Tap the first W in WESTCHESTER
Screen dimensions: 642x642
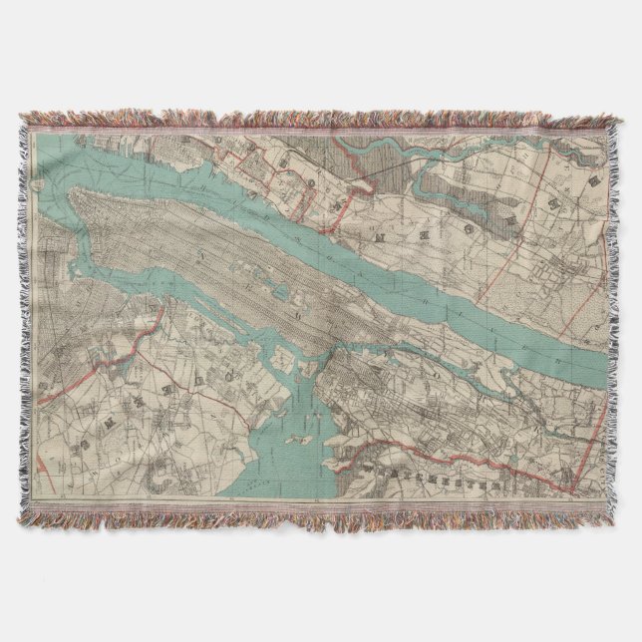point(372,467)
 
